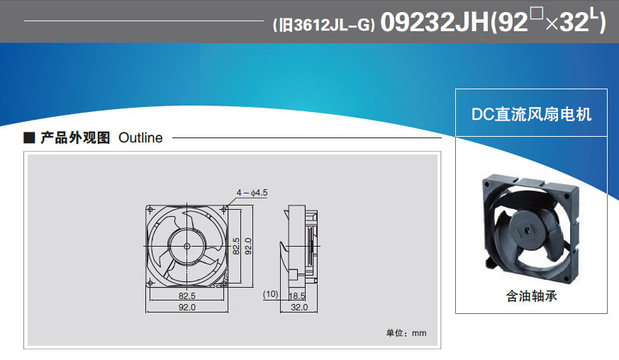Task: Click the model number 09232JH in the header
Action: [434, 22]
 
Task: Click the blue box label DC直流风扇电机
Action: [531, 114]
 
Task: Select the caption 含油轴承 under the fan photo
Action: [531, 296]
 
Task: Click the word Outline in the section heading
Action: [140, 137]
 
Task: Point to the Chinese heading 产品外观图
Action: [75, 137]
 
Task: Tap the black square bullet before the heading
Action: [29, 137]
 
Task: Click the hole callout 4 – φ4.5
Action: [252, 193]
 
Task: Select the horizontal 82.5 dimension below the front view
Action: [186, 296]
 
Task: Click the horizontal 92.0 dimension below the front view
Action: [186, 307]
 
